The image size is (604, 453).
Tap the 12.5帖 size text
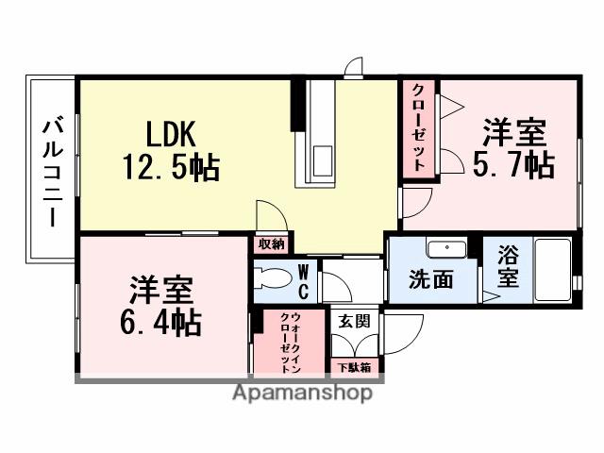point(170,168)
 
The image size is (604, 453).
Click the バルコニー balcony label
point(52,171)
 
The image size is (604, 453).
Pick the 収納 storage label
point(271,243)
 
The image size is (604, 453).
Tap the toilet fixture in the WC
point(275,280)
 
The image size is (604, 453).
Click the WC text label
point(305,280)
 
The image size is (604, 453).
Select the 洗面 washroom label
point(430,280)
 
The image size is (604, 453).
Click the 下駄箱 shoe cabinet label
point(354,366)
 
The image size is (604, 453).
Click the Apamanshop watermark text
point(301,393)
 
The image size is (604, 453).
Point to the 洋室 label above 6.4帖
point(161,286)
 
